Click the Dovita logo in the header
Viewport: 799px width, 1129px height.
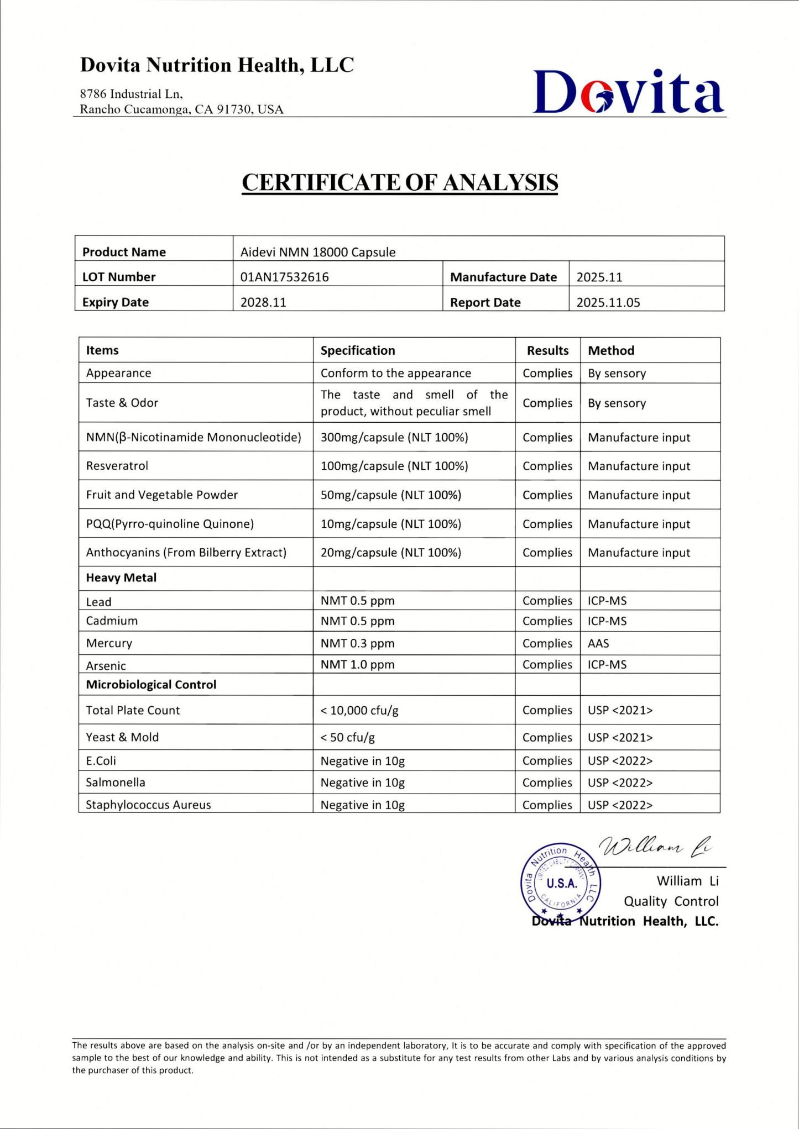coord(628,92)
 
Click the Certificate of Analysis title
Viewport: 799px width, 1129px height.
coord(400,182)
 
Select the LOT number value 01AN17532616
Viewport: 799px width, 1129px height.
coord(284,277)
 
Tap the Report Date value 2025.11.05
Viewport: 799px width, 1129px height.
coord(608,302)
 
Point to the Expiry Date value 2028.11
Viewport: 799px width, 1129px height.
coord(263,302)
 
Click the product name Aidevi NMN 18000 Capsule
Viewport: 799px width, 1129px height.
coord(318,252)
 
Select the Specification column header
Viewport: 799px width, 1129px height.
coord(358,350)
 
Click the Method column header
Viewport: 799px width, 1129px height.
coord(611,350)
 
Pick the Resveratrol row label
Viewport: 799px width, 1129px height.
coord(117,466)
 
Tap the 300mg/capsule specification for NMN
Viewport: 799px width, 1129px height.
coord(394,438)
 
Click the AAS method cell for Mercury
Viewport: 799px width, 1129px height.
coord(598,643)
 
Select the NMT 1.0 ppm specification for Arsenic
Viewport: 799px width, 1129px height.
coord(357,664)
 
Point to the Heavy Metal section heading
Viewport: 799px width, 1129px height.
coord(121,578)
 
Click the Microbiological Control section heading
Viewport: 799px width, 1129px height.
coord(151,685)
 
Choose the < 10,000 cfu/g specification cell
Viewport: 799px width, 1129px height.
coord(359,711)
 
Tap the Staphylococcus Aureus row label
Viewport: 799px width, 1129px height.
coord(148,805)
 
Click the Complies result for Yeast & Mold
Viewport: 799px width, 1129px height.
coord(547,737)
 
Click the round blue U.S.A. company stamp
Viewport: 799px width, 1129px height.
coord(561,883)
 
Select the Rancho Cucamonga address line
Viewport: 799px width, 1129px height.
coord(181,109)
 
